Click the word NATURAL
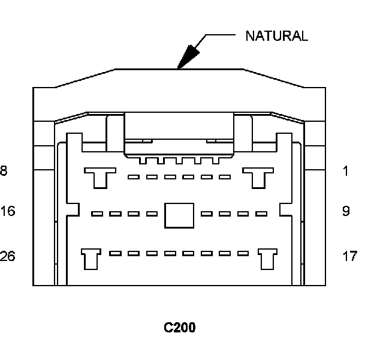(x=276, y=36)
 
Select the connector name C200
(x=180, y=328)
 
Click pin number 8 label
(x=4, y=171)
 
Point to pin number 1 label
(x=345, y=171)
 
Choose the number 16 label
(x=8, y=211)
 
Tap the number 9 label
(x=346, y=211)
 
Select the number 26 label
(x=8, y=256)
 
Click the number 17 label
(x=350, y=256)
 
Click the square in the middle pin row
(x=179, y=215)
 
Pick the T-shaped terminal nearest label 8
(x=99, y=176)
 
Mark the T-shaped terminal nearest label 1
(x=258, y=176)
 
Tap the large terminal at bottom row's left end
(x=90, y=259)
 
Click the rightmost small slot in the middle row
(x=261, y=214)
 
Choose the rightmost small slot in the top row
(x=225, y=177)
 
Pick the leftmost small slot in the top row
(x=134, y=177)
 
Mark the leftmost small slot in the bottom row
(x=116, y=253)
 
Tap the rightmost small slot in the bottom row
(x=242, y=253)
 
